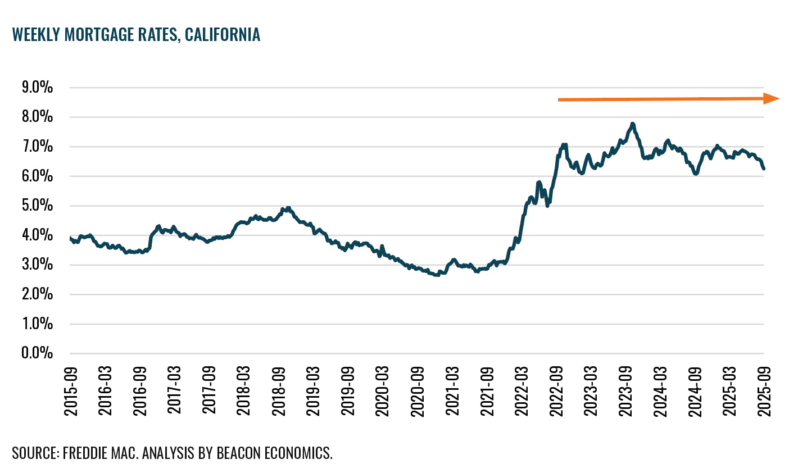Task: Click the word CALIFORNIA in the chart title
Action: point(223,35)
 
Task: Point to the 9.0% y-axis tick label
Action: point(37,88)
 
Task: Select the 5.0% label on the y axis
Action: point(37,206)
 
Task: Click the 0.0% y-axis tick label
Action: point(37,353)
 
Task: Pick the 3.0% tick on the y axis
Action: point(37,265)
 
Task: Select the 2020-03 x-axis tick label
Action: point(383,391)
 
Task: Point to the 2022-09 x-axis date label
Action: point(556,391)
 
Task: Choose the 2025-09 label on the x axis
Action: point(764,391)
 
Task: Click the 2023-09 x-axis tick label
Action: point(625,391)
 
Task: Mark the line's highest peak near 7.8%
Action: point(633,124)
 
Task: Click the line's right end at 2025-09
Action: point(764,169)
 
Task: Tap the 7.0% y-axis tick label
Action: point(37,147)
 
